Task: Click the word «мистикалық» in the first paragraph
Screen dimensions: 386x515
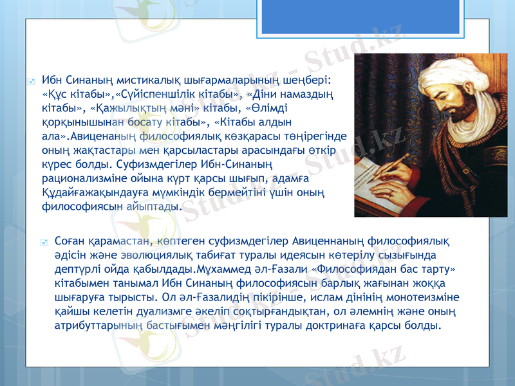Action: pyautogui.click(x=126, y=80)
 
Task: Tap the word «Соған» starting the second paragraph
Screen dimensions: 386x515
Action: pyautogui.click(x=70, y=242)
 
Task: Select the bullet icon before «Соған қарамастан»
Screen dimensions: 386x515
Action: pyautogui.click(x=43, y=243)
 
